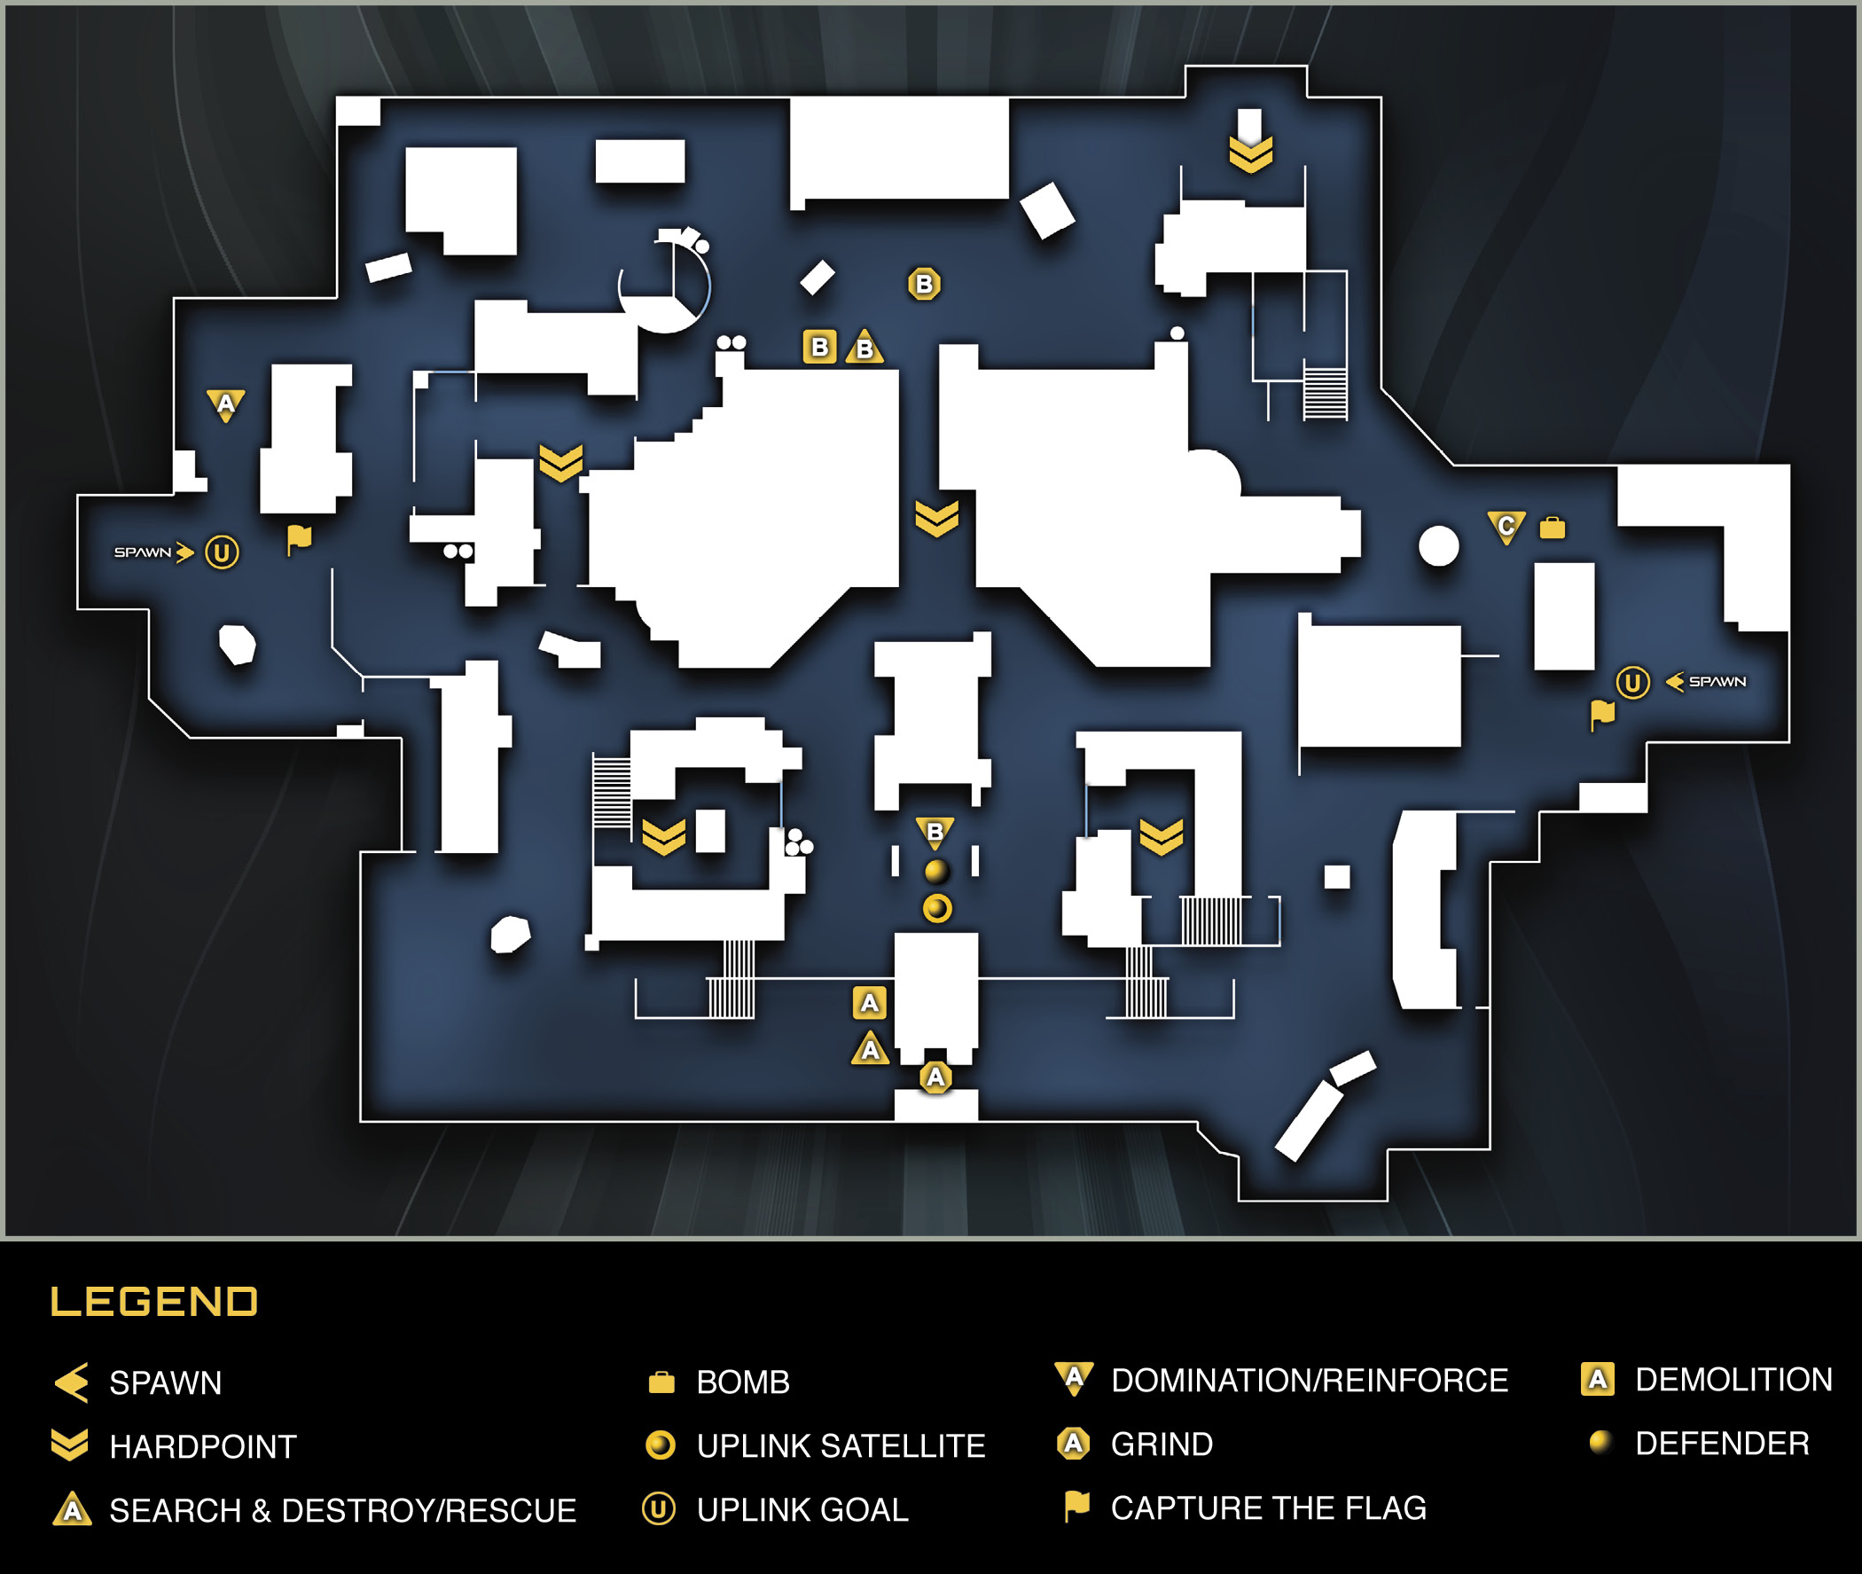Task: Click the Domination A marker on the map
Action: (x=226, y=405)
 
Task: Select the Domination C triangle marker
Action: (x=1506, y=527)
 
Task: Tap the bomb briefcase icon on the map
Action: (x=1553, y=529)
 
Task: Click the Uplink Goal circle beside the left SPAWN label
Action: (x=223, y=552)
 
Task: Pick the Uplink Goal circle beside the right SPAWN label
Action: (x=1632, y=683)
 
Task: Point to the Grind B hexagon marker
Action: (x=924, y=284)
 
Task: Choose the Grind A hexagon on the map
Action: (x=935, y=1077)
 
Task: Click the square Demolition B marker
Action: (x=820, y=347)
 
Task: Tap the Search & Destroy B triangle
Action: (x=864, y=347)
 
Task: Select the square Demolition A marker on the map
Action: (x=870, y=1003)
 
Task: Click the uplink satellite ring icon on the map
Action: (x=937, y=908)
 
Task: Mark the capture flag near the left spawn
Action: (x=299, y=540)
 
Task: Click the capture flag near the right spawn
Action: (x=1602, y=715)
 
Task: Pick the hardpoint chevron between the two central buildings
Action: (x=937, y=519)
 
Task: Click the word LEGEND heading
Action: (x=153, y=1302)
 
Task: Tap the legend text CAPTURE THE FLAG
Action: (x=1268, y=1508)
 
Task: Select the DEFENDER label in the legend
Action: (x=1722, y=1444)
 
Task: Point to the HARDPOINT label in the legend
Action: (x=202, y=1446)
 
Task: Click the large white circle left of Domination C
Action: (x=1438, y=546)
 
